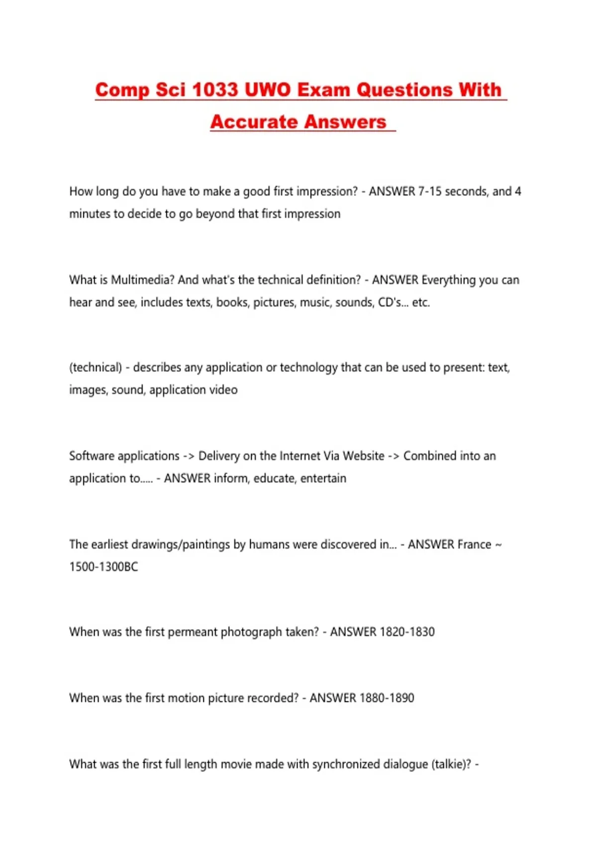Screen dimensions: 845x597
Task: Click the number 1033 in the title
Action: point(215,90)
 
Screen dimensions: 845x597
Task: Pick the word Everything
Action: point(449,280)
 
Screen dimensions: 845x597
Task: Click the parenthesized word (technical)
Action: point(96,367)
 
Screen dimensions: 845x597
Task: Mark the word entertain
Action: point(323,478)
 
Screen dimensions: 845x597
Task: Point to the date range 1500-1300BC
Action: point(103,567)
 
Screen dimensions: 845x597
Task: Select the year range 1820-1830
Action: point(407,632)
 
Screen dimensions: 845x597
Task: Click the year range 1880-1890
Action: point(387,698)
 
